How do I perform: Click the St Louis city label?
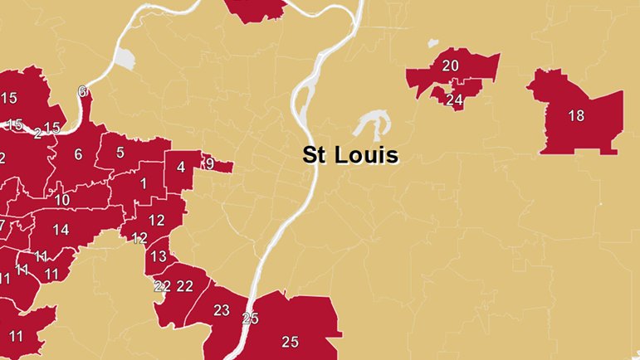[349, 155]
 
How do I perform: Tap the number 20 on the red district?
[451, 66]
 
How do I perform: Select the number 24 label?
[453, 100]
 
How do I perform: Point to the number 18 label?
[576, 116]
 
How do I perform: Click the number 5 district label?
[120, 152]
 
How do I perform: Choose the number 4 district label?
[180, 168]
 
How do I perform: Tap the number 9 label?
[210, 164]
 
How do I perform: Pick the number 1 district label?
[144, 183]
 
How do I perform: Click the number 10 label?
[62, 200]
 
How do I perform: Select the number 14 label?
[61, 230]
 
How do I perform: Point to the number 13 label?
[159, 256]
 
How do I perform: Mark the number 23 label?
[222, 310]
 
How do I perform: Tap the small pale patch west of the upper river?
[124, 59]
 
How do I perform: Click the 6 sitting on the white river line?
[81, 92]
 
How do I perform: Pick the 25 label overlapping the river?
[251, 319]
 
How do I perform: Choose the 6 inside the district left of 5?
[78, 154]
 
